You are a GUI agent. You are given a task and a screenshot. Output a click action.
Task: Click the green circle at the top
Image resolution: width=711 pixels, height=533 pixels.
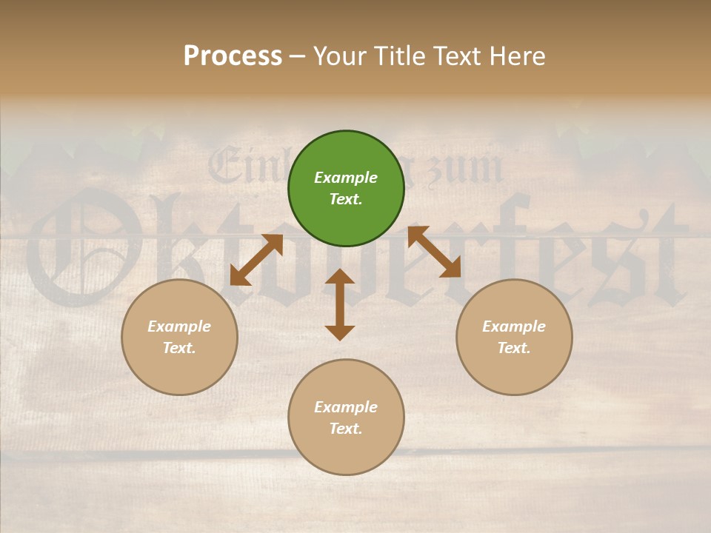tap(346, 189)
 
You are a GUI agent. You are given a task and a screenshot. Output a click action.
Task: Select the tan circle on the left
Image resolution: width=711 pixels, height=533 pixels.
tap(179, 337)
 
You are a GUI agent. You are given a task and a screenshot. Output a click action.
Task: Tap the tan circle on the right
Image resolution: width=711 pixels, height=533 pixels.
tap(514, 337)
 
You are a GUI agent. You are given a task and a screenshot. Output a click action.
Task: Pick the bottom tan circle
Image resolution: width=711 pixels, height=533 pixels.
tap(346, 418)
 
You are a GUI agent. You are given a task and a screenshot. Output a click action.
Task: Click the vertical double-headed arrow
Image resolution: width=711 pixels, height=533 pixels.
tap(340, 304)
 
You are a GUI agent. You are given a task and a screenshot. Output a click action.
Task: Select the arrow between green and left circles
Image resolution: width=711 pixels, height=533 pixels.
tap(256, 259)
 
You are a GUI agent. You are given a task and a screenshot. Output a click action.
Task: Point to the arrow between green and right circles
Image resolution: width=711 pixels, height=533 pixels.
tap(434, 252)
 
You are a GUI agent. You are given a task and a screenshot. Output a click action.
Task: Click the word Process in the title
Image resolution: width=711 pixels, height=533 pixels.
tap(233, 56)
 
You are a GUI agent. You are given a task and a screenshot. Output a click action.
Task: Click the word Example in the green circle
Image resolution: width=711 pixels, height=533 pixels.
tap(346, 178)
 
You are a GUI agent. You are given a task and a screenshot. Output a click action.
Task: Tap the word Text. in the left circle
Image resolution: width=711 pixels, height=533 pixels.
tap(179, 348)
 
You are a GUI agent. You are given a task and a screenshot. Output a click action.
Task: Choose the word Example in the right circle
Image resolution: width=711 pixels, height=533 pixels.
tap(514, 326)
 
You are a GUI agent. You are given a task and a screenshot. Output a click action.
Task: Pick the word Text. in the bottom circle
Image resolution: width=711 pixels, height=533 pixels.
tap(346, 429)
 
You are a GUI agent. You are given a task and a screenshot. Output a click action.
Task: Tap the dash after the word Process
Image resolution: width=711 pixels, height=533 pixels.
tap(297, 56)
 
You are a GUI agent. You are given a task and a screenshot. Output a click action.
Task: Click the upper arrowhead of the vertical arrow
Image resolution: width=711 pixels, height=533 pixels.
tap(340, 277)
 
